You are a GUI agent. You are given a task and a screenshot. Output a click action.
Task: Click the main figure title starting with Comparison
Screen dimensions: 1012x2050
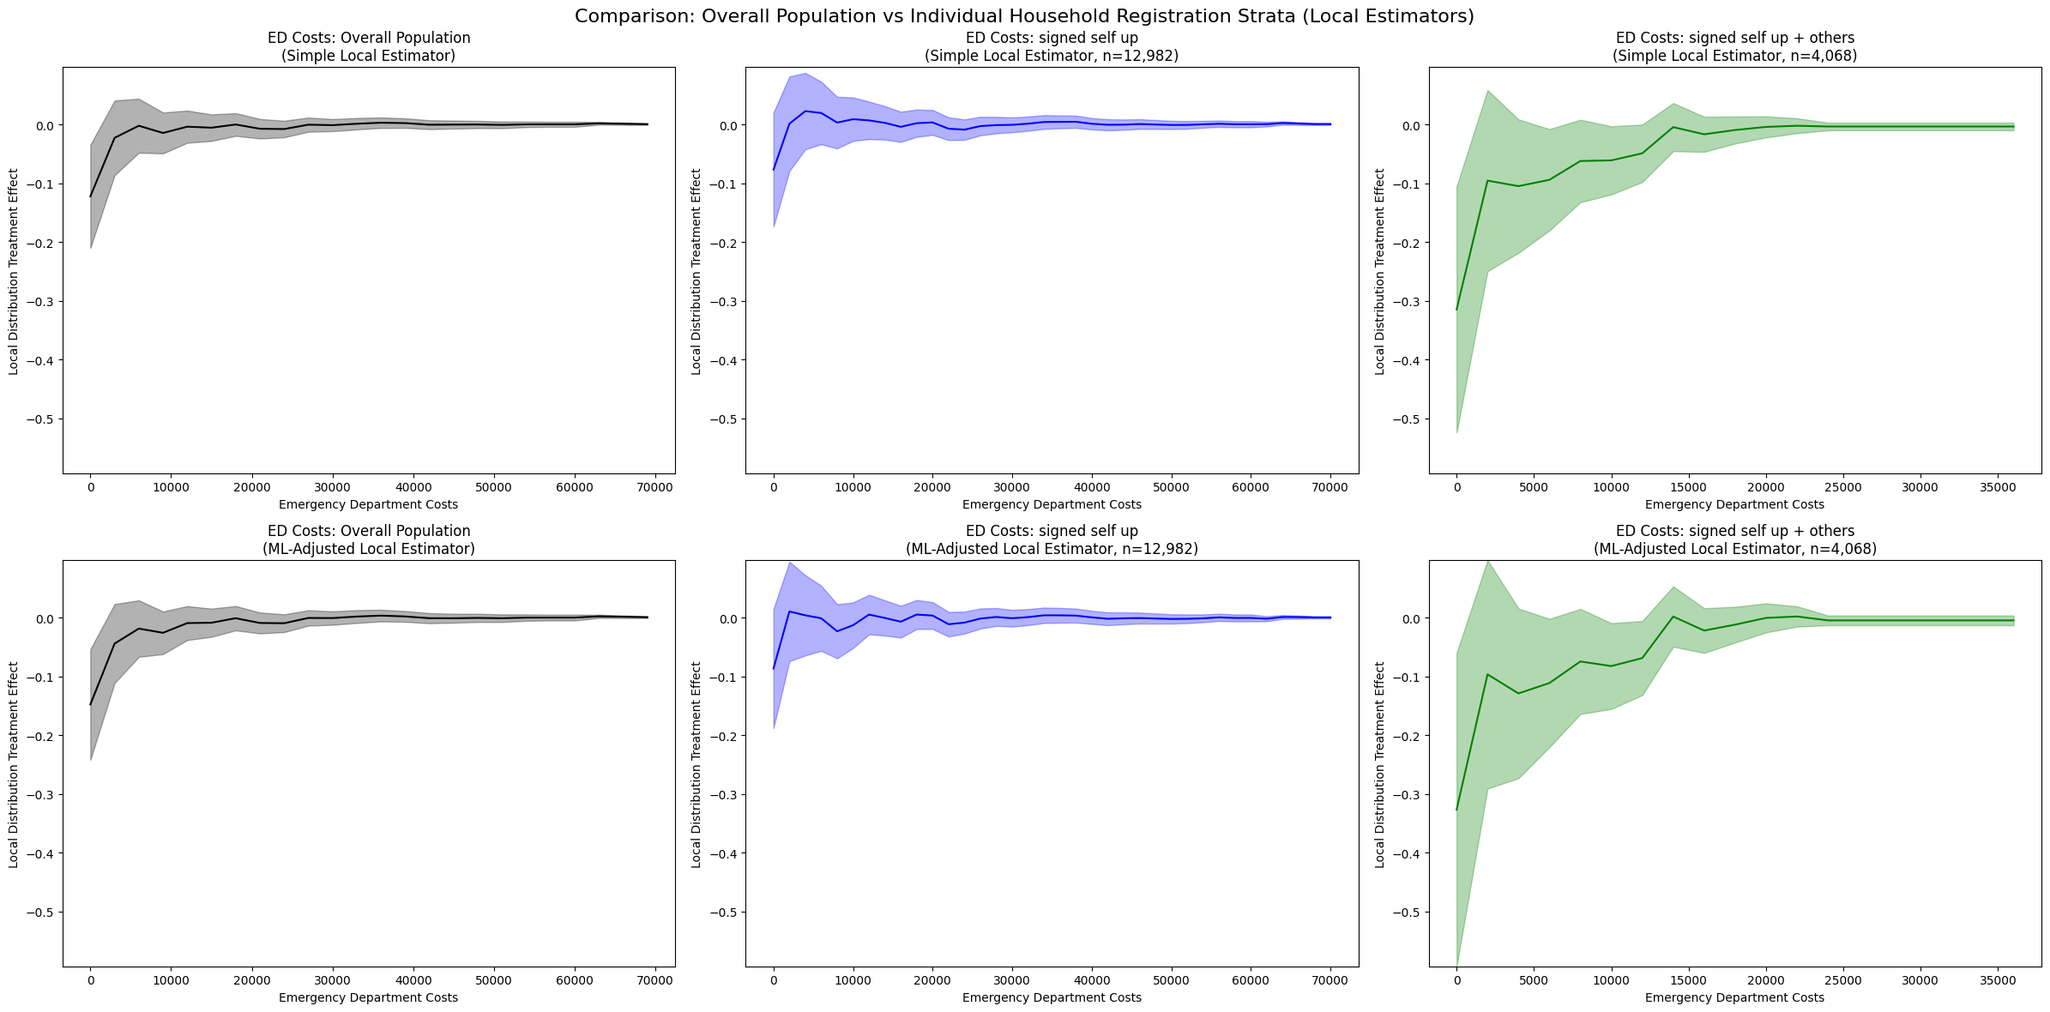click(1024, 16)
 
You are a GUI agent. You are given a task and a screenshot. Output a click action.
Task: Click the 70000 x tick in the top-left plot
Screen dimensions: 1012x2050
click(655, 488)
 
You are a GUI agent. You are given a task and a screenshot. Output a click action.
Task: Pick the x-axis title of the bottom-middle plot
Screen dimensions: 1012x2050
click(1052, 997)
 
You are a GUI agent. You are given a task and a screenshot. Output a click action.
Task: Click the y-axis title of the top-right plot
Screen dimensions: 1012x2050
click(1379, 271)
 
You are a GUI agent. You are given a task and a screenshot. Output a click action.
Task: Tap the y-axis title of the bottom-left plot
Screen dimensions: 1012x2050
click(14, 764)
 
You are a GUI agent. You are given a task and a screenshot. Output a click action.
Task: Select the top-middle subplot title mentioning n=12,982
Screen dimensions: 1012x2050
click(1052, 47)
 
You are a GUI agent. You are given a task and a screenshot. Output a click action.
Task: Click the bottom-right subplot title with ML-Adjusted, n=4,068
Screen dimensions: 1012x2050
click(1734, 540)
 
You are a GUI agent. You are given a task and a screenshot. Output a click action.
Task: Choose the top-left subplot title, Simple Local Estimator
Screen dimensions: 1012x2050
click(369, 47)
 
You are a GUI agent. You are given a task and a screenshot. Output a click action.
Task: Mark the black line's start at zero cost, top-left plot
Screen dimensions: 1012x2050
click(91, 196)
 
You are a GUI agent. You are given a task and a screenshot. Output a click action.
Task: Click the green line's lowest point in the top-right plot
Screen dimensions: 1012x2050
click(1456, 310)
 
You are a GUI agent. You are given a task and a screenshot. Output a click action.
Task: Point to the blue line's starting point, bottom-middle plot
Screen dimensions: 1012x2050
click(774, 669)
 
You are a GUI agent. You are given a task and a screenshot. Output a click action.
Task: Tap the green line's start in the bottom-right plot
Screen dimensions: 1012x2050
click(1456, 810)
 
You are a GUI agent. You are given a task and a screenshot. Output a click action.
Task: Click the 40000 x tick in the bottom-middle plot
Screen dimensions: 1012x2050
click(1091, 981)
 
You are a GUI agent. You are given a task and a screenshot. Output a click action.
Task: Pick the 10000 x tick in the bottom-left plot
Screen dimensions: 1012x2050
click(172, 981)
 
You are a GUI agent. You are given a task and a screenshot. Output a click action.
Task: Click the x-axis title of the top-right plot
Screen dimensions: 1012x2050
click(1734, 504)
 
